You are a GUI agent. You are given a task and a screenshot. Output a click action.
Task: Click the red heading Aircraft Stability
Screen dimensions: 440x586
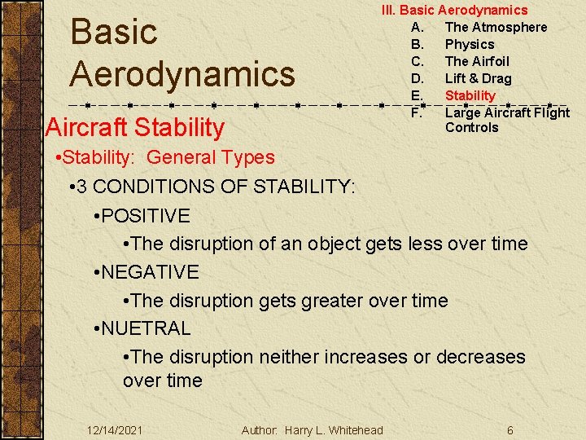point(135,127)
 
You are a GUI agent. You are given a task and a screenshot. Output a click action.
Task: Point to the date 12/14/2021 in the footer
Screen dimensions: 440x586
point(115,430)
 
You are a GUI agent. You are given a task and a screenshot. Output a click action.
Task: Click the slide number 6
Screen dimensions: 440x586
point(509,430)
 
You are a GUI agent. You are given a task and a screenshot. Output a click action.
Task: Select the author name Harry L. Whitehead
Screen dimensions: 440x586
point(334,430)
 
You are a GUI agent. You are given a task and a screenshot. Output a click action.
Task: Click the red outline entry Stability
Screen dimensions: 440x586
point(470,95)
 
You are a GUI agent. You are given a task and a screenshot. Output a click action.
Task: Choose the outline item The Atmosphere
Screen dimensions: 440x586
point(496,27)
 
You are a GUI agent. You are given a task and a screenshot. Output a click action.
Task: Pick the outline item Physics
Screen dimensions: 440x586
point(470,44)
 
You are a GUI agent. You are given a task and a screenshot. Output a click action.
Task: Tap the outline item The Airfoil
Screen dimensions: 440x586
point(477,61)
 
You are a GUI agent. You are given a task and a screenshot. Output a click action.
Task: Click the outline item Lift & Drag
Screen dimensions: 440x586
point(478,78)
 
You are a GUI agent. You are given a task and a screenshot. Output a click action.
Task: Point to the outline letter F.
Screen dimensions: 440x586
point(417,112)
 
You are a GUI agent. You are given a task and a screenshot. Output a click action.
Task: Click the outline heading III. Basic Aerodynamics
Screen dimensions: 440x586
point(455,10)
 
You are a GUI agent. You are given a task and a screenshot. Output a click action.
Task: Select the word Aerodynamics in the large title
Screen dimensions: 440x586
point(182,73)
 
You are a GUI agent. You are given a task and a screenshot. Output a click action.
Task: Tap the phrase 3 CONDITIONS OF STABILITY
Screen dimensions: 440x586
point(220,187)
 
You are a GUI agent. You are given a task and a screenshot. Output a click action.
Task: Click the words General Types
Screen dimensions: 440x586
point(211,157)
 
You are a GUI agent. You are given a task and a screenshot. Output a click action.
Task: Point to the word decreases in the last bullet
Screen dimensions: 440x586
point(480,357)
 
